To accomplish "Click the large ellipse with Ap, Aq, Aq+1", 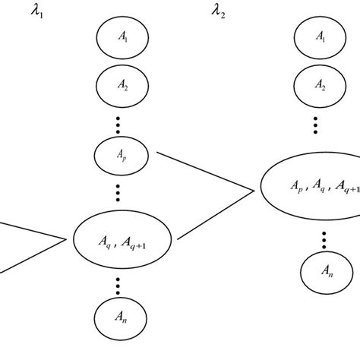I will (x=311, y=186).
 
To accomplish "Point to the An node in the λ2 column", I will (x=324, y=279).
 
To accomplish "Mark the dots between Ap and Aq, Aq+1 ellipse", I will (x=118, y=191).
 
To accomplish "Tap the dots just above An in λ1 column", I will (x=118, y=286).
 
